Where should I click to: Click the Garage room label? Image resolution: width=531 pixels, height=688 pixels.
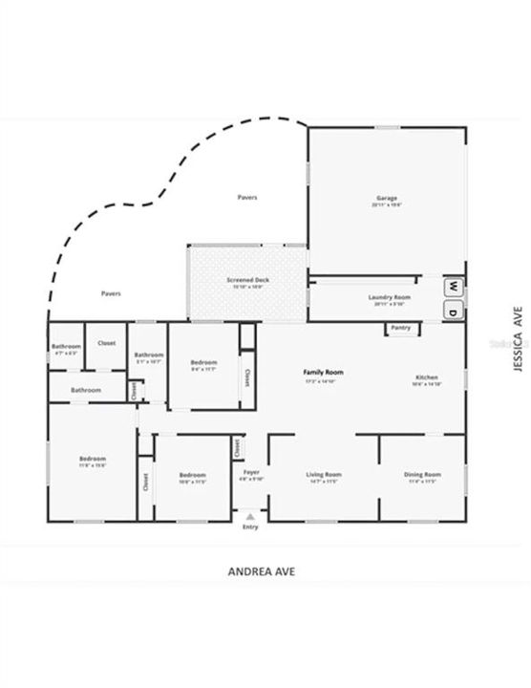(388, 199)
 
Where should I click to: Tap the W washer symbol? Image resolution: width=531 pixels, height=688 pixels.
(454, 286)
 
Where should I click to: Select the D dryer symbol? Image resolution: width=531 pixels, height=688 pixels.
(454, 312)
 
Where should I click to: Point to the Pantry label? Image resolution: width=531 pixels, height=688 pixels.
(398, 328)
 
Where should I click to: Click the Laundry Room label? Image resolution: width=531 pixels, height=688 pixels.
(389, 297)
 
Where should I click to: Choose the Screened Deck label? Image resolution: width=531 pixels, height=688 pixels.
(246, 280)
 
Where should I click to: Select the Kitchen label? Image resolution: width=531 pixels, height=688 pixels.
(427, 377)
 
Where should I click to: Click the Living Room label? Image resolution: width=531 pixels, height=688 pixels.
(323, 475)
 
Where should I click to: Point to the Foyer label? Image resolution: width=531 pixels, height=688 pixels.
(251, 473)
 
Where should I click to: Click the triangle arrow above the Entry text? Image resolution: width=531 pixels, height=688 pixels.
(250, 516)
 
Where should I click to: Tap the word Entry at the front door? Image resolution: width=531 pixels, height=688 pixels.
(250, 527)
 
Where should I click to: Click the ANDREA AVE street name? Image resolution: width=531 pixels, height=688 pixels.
(262, 571)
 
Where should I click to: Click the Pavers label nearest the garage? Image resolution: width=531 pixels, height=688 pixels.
(247, 198)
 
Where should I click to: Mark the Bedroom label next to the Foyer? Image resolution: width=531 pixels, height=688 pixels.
(193, 475)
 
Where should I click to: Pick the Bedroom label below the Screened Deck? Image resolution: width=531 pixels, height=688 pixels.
(203, 362)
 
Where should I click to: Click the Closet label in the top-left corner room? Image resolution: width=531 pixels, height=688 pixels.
(107, 342)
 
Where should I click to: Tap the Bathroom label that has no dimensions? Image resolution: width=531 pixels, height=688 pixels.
(86, 390)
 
